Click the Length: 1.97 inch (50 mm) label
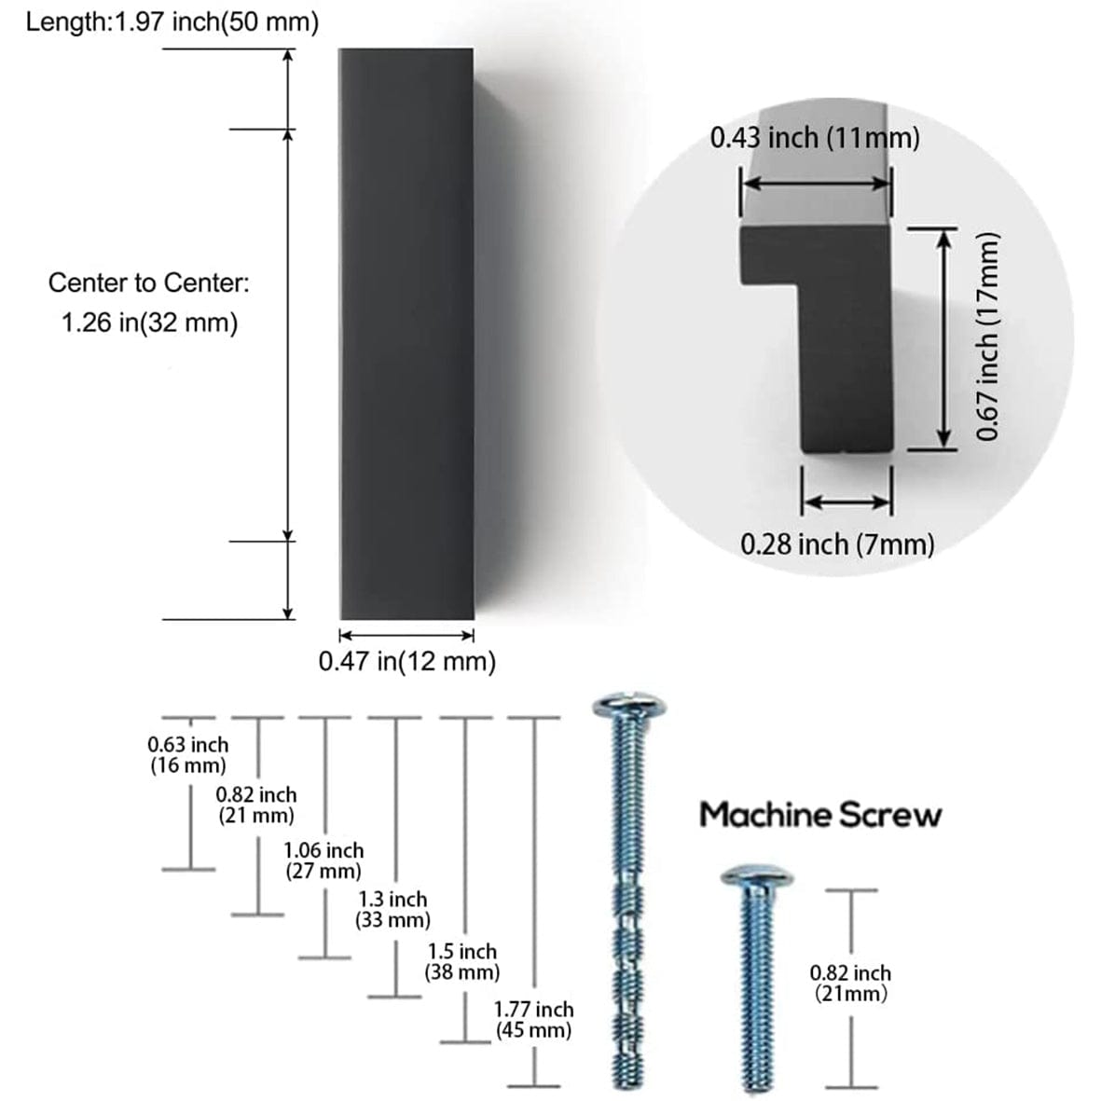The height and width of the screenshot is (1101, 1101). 172,22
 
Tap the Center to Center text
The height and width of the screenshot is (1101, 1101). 149,282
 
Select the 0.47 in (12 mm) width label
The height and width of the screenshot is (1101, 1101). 406,662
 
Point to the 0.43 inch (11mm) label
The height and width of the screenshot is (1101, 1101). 815,138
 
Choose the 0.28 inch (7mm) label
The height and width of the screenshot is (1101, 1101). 837,544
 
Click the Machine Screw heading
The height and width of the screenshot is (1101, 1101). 820,815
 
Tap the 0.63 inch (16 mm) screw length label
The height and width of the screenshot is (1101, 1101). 188,755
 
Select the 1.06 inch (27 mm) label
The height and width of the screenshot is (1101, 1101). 323,860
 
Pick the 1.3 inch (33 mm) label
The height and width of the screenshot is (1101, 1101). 392,910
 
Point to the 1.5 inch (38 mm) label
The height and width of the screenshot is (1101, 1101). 462,962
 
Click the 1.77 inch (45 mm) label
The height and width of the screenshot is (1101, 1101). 533,1019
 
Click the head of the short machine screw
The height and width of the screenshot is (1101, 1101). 756,876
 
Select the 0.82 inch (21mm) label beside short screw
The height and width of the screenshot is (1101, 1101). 850,983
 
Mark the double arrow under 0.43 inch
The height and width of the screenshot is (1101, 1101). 817,184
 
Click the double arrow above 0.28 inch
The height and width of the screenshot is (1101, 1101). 847,502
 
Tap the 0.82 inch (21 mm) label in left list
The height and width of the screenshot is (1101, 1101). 256,805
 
